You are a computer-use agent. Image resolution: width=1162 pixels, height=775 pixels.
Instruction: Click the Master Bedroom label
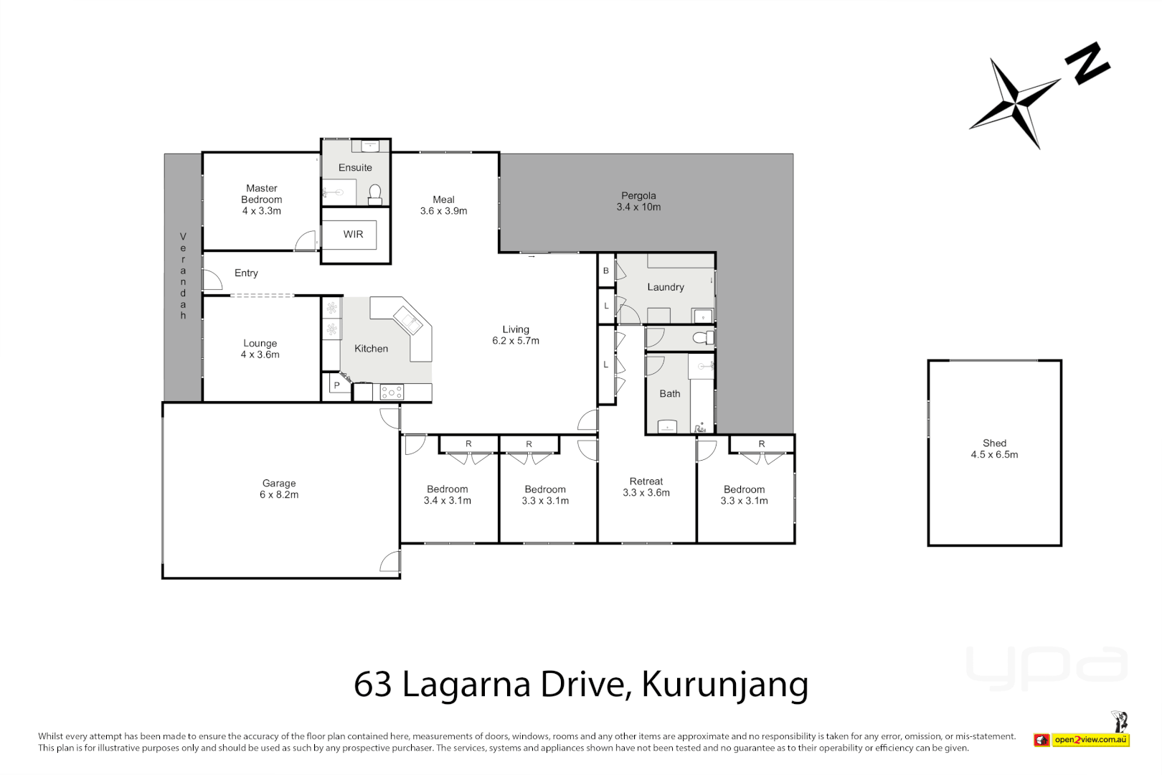(x=261, y=194)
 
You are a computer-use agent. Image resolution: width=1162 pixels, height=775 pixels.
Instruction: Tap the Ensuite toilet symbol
(x=374, y=194)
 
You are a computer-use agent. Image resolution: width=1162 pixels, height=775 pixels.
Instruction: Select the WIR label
(x=353, y=235)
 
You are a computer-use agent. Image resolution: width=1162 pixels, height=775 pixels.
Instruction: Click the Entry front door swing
(x=212, y=280)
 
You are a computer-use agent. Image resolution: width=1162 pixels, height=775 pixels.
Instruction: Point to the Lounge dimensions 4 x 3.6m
(x=260, y=354)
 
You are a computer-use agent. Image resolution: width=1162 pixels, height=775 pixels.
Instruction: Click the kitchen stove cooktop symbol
(x=392, y=393)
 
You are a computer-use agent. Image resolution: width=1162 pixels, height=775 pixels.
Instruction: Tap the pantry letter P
(x=336, y=386)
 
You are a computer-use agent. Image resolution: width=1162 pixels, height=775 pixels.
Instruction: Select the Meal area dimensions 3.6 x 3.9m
(x=443, y=211)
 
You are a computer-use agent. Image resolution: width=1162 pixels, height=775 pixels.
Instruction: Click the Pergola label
(x=638, y=195)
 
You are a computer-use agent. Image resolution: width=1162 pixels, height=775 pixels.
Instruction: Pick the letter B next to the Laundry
(x=606, y=271)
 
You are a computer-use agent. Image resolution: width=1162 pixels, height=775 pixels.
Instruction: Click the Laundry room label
(x=666, y=287)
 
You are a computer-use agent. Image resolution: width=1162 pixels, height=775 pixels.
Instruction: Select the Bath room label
(x=670, y=394)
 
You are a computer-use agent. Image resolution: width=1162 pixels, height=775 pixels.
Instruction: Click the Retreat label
(x=646, y=482)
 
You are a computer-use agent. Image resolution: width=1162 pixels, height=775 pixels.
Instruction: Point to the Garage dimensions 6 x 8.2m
(x=279, y=494)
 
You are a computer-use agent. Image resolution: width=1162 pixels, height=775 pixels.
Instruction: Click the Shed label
(x=994, y=443)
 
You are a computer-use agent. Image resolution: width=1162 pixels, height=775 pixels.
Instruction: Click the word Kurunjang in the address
(x=724, y=684)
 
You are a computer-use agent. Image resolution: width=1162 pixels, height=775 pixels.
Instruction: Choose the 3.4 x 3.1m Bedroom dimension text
(x=447, y=501)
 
